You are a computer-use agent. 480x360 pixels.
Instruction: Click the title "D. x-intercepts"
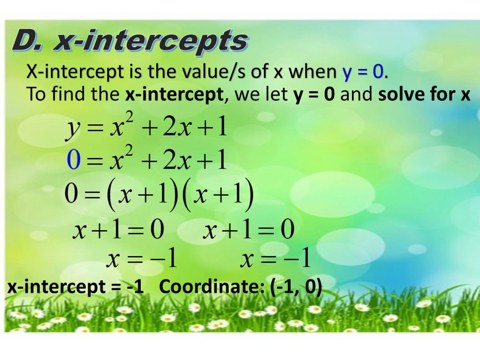pos(130,41)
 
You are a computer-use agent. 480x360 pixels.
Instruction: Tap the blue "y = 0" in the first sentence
pos(363,72)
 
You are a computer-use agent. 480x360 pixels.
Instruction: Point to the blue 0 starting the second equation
pos(73,160)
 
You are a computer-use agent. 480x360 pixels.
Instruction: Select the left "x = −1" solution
pos(142,260)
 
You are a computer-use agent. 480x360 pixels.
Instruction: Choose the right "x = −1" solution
pos(276,260)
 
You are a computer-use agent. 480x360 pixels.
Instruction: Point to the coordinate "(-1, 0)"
pos(296,287)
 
